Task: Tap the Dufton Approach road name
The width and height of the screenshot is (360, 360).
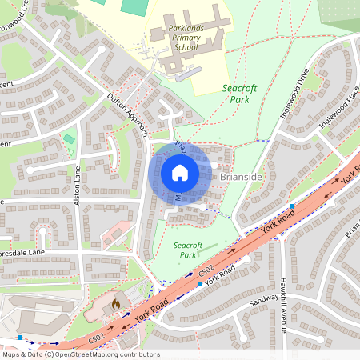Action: (128, 115)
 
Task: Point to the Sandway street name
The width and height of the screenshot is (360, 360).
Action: (263, 302)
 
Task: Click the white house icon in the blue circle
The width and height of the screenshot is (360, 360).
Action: (179, 173)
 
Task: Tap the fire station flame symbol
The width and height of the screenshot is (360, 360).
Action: (115, 304)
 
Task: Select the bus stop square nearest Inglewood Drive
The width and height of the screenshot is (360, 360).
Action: (292, 206)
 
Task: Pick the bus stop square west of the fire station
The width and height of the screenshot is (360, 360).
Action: (20, 338)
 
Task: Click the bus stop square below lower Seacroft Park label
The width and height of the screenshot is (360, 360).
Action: (199, 284)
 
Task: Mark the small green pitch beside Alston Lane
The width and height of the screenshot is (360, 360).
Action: (69, 139)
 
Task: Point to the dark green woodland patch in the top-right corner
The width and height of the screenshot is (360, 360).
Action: (340, 12)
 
